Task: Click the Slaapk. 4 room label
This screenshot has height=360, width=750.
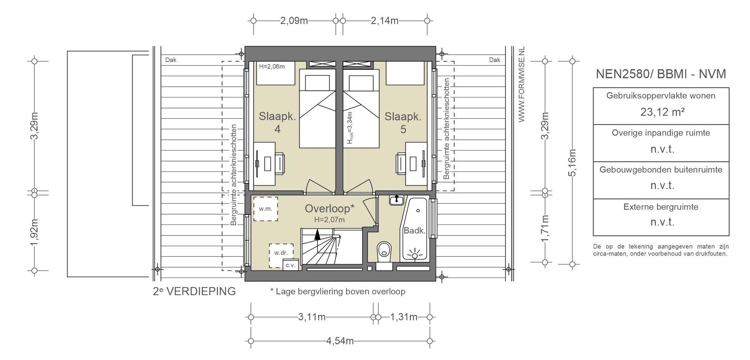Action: coord(277,123)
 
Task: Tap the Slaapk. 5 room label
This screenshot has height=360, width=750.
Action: coord(403,123)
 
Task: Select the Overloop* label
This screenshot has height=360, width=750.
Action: coord(330,208)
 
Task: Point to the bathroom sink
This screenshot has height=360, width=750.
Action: coord(396,200)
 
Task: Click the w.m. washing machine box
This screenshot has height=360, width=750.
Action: coord(266,209)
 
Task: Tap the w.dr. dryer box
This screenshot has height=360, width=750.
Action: coord(281,255)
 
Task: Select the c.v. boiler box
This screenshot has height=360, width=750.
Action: coord(291,265)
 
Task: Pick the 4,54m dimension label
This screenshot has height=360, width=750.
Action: coord(340,341)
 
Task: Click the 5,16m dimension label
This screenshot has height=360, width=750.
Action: coord(572,162)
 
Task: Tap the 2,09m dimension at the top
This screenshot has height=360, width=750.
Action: coord(294,21)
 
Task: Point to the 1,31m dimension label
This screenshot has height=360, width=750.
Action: coord(404,317)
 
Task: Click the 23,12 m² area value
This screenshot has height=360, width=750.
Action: coord(662,112)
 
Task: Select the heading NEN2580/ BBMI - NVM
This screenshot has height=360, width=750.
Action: coord(661,74)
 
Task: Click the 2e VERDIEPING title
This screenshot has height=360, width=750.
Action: coord(194,291)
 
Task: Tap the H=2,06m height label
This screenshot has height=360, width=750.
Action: coord(272,67)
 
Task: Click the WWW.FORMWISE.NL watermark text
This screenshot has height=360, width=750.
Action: coord(521,84)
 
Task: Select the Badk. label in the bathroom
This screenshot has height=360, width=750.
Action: coord(415,231)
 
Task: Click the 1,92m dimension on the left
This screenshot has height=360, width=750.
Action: coord(34,233)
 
